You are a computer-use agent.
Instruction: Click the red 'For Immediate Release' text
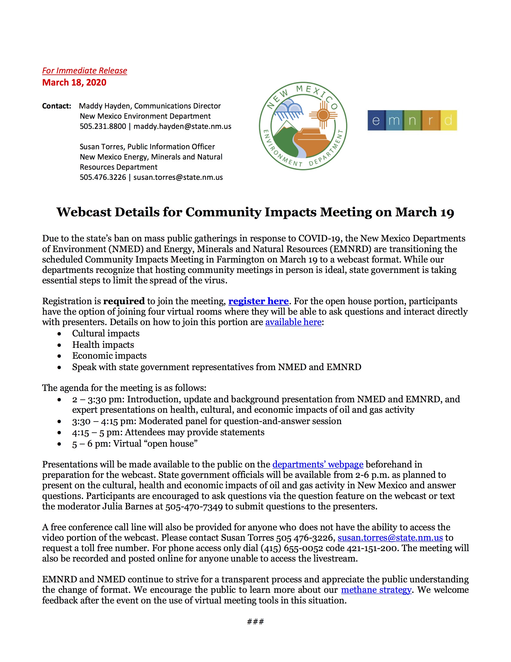(x=84, y=71)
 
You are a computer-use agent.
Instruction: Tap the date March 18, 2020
(x=74, y=82)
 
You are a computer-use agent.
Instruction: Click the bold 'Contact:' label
(x=57, y=106)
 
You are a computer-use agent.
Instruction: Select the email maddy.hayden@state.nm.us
(x=182, y=126)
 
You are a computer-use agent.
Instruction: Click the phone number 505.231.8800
(x=103, y=126)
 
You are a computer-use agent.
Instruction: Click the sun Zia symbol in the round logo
(x=323, y=115)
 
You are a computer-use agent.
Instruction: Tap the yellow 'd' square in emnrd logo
(x=448, y=120)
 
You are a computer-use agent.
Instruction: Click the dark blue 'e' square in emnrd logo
(x=376, y=120)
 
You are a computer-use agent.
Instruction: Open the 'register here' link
(x=258, y=301)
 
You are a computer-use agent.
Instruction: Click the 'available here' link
(x=293, y=322)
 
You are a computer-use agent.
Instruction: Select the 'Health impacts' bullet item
(x=103, y=345)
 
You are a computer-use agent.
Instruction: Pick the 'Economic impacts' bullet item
(x=109, y=356)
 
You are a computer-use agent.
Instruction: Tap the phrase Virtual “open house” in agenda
(x=155, y=444)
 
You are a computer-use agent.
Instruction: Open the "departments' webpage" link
(x=318, y=465)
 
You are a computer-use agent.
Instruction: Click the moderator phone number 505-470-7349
(x=194, y=507)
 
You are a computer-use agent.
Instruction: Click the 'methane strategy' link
(x=376, y=590)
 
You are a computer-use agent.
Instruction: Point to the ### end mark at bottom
(x=255, y=622)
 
